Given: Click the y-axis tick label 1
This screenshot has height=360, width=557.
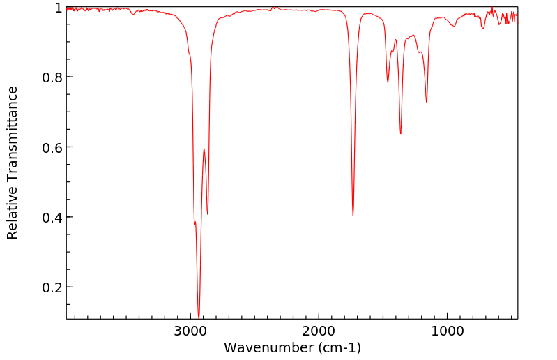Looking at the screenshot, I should tap(57, 8).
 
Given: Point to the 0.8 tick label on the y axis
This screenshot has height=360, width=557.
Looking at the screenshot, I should tap(52, 77).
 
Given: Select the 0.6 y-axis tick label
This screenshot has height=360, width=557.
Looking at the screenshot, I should tap(52, 147).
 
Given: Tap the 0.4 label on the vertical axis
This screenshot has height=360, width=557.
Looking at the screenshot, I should tap(52, 218).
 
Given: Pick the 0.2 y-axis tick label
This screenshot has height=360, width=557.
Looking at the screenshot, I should tap(52, 287).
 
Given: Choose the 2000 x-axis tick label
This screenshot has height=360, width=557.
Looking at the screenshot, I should tap(319, 331).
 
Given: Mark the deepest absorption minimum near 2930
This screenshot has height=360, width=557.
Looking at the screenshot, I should tap(199, 317).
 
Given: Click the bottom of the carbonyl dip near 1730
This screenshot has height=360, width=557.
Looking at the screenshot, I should tap(353, 216).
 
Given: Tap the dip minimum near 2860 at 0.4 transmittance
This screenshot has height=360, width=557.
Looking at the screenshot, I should tap(208, 214).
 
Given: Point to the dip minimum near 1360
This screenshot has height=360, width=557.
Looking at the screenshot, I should tap(400, 134).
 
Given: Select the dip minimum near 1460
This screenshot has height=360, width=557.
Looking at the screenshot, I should tap(388, 82).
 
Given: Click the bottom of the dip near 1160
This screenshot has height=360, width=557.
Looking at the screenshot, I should tap(427, 102).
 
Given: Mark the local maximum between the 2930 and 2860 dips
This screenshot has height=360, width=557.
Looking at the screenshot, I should tap(204, 149).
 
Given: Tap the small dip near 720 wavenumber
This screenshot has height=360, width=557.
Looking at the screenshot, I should tap(483, 28).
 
